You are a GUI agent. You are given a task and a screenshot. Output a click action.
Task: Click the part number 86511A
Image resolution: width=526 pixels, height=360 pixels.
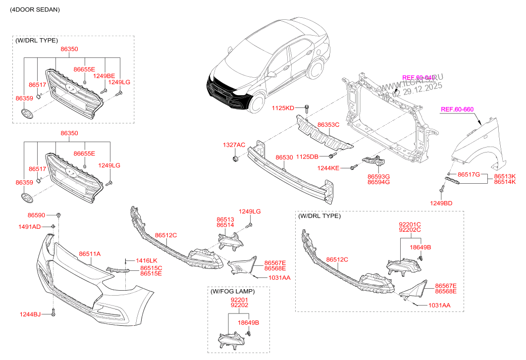[89, 254]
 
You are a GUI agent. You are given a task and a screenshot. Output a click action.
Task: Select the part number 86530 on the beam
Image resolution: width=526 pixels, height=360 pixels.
[284, 157]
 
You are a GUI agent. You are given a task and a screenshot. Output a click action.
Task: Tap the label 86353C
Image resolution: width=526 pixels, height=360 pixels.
[328, 125]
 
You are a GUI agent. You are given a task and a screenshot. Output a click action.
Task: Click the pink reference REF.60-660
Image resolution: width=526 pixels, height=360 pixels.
[458, 109]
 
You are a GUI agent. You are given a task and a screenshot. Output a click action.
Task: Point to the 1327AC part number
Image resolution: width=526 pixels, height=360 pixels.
[234, 145]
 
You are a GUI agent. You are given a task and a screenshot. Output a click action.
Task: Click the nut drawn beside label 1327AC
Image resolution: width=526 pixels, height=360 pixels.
[234, 159]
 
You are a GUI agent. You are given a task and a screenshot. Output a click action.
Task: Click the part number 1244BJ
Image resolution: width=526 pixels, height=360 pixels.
[31, 313]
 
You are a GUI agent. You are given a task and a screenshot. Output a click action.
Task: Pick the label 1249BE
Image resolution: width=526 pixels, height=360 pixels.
[105, 76]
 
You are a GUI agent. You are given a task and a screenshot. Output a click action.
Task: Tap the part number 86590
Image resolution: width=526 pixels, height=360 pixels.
[36, 215]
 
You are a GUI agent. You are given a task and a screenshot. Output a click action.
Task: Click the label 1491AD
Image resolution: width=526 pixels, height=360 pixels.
[30, 226]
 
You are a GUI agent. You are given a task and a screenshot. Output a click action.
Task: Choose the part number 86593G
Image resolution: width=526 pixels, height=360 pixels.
[378, 176]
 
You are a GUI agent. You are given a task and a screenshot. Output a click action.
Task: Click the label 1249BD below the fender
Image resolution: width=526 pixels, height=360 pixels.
[440, 203]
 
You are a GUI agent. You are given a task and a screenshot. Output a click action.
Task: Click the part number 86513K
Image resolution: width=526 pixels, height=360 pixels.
[505, 176]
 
